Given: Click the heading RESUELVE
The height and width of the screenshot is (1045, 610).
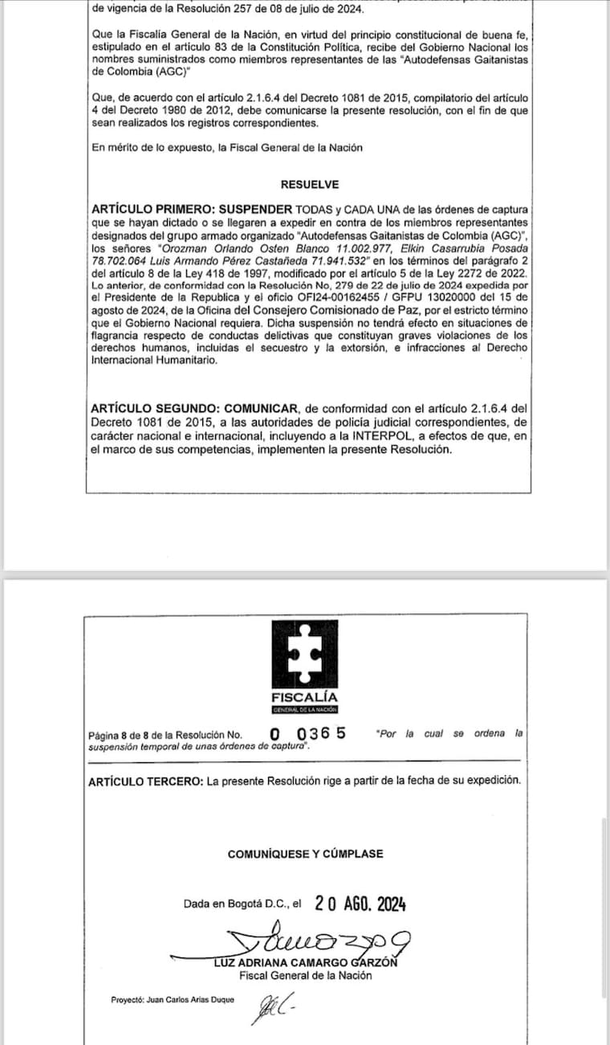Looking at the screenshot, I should point(310,184).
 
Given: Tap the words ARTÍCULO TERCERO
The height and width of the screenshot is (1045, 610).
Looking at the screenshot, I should point(145,781).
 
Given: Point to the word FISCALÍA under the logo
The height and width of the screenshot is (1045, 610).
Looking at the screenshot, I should point(305,696).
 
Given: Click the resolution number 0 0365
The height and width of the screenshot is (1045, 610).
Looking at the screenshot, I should point(308,733).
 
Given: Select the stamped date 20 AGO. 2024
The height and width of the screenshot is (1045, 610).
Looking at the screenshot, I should point(360,904).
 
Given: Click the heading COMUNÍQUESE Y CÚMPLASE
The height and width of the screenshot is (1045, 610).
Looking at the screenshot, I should point(305,854).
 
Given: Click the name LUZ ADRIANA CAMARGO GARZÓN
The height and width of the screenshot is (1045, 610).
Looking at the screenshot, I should point(306,963).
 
